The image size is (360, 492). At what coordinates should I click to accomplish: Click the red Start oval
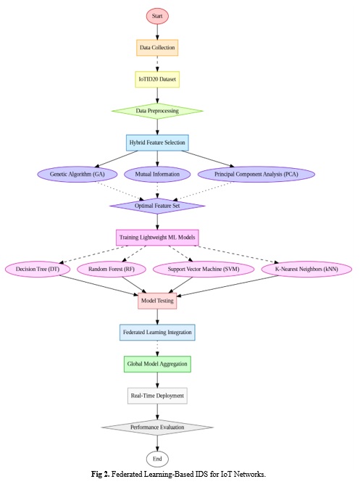tap(157, 16)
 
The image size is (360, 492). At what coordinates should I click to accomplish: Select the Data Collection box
tap(157, 48)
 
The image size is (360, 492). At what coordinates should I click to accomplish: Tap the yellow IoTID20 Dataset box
tap(157, 80)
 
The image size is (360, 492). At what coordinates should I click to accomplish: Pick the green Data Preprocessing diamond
tap(157, 111)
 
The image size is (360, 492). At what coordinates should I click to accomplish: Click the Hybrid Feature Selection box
tap(157, 143)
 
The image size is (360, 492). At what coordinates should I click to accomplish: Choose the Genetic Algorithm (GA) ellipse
tap(77, 174)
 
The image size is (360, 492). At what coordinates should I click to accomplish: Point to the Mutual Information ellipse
tap(157, 174)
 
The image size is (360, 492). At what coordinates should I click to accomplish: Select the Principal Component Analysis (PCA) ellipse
tap(256, 174)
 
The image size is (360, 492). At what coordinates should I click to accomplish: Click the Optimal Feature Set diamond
tap(157, 206)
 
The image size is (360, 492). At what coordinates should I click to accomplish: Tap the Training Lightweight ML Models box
tap(157, 238)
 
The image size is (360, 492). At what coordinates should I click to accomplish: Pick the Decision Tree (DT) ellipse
tap(38, 270)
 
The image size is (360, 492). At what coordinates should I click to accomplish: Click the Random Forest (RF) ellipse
tap(112, 270)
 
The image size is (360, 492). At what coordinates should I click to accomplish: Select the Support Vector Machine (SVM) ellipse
tap(204, 270)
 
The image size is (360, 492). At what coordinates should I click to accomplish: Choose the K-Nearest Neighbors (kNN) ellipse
tap(306, 270)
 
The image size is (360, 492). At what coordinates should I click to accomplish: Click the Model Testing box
tap(157, 301)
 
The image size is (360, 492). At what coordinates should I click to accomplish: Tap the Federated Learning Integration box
tap(157, 333)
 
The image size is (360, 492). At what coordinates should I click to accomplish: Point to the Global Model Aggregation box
tap(157, 364)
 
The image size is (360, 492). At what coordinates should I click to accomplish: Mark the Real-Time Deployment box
tap(157, 396)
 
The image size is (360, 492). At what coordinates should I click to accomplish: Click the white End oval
tap(157, 459)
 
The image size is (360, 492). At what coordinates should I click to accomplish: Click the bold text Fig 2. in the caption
tap(101, 474)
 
